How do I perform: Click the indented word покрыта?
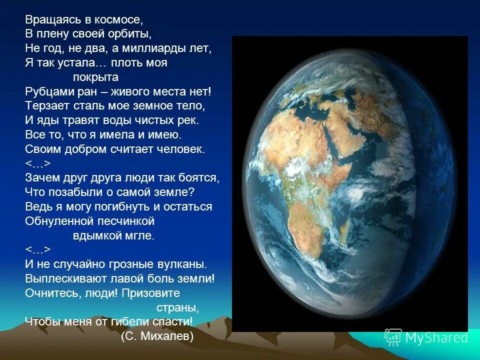[95, 77]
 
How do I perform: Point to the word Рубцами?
[46, 92]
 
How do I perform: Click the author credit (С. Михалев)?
[157, 336]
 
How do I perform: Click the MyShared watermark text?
[436, 338]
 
